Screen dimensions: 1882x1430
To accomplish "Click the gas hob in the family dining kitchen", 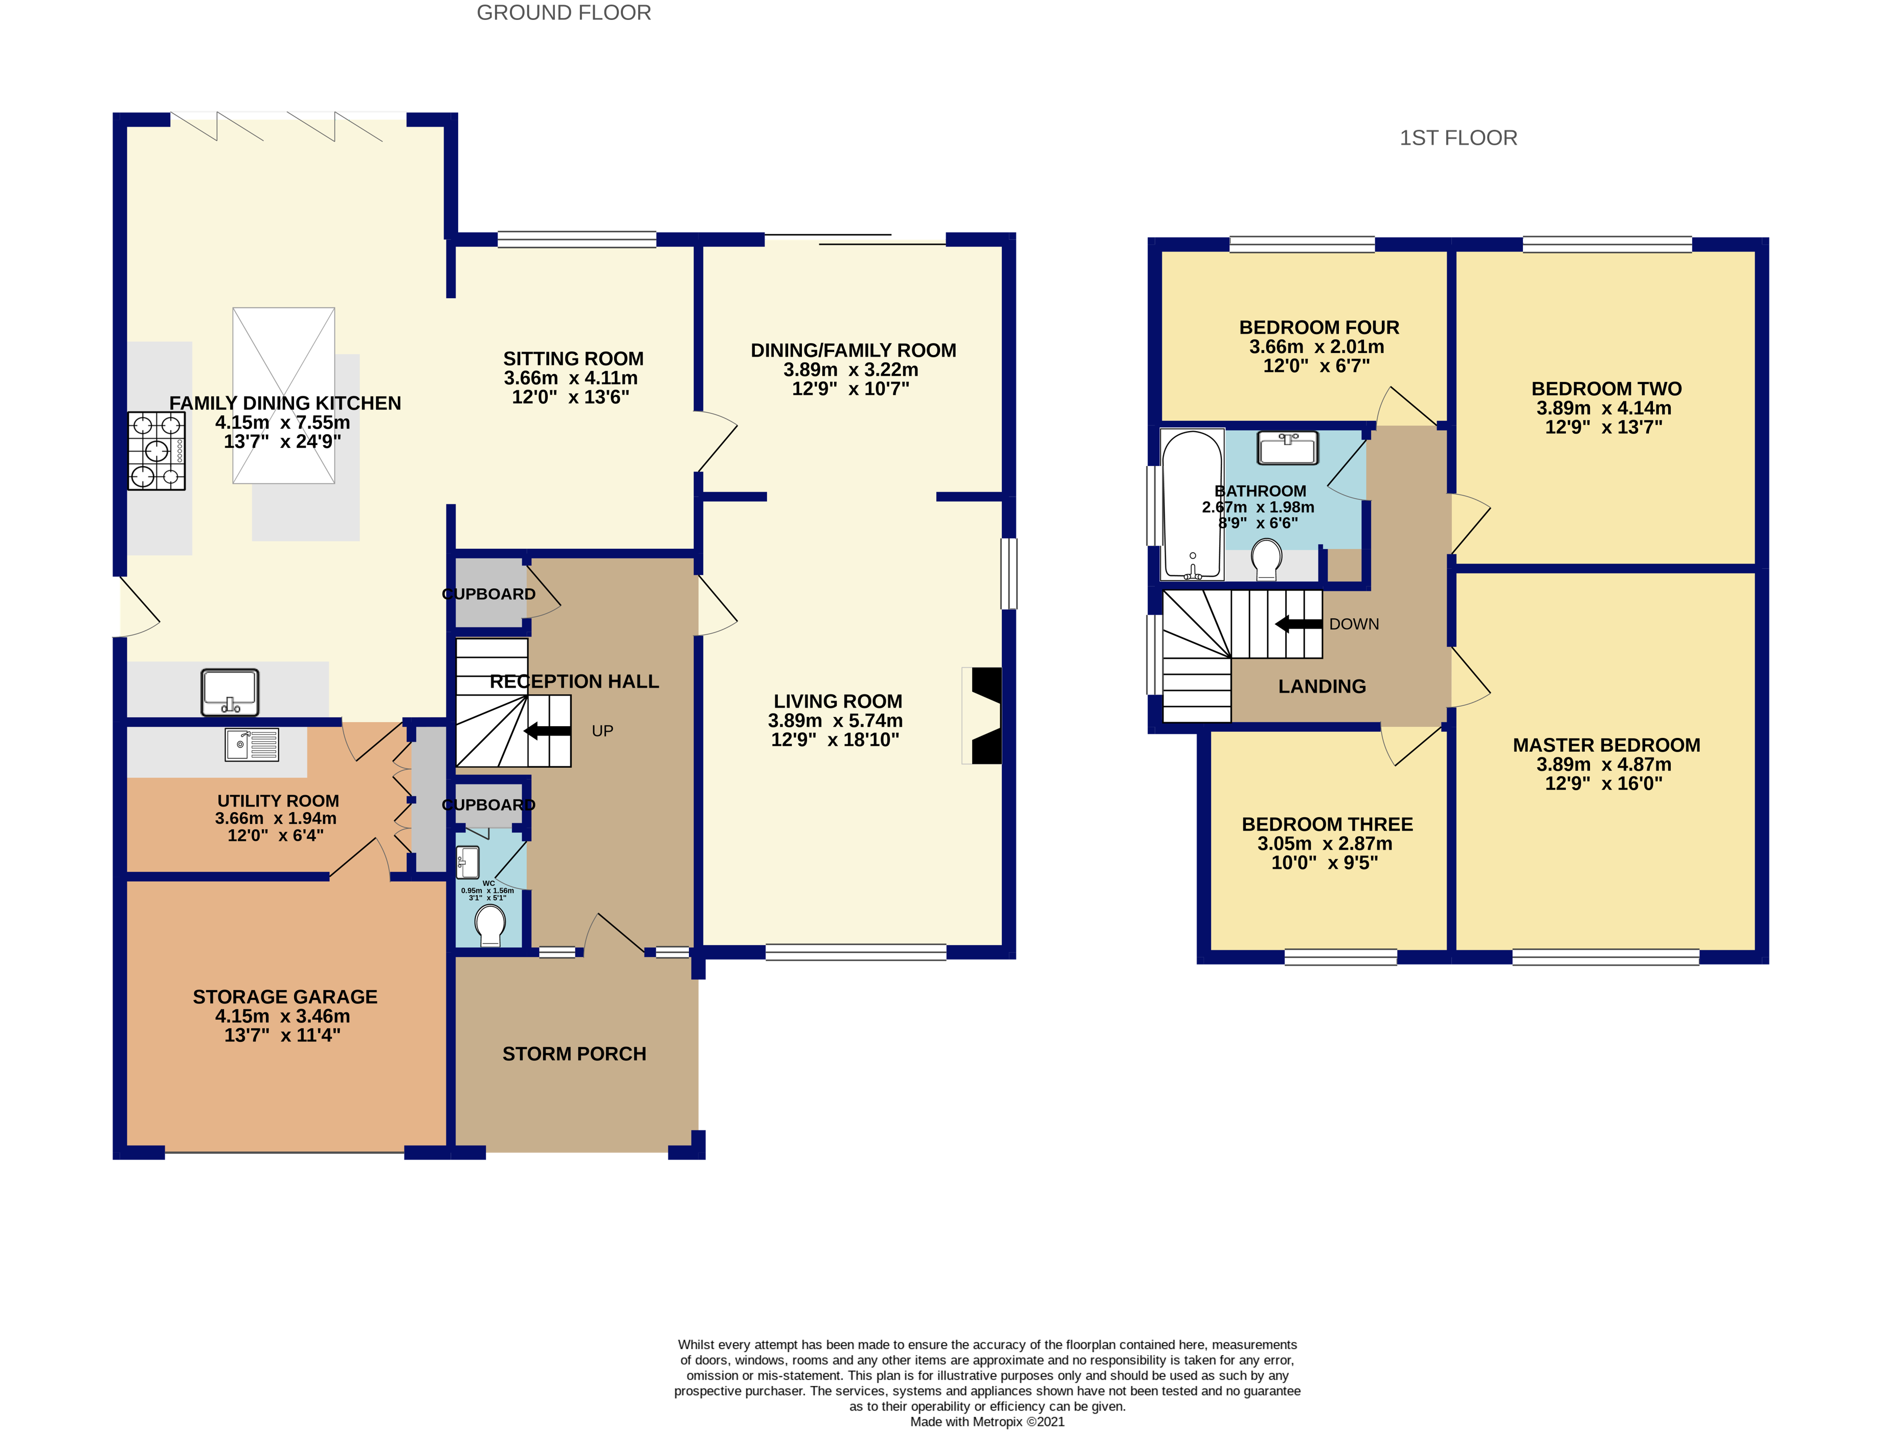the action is coord(156,451).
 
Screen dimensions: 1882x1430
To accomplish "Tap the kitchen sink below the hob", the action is coord(230,692).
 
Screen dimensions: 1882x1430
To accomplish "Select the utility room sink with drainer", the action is coord(252,745).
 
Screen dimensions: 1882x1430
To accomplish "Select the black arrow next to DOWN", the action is coord(1299,624).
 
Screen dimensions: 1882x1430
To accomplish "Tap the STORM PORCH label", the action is coord(574,1054).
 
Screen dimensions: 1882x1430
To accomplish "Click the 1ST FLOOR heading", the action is coord(1458,138).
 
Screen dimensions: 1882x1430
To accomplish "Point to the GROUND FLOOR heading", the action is coord(564,13).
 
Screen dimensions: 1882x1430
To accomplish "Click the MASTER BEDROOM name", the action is coord(1606,745).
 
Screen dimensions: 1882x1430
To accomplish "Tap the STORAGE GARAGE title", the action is coord(285,997).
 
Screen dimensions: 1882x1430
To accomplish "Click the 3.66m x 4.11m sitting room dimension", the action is coord(570,378).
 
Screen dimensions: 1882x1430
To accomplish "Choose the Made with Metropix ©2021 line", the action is coord(988,1421).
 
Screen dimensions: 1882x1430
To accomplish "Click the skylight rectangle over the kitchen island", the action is coord(283,396).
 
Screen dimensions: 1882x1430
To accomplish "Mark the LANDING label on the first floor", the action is coord(1322,686).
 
